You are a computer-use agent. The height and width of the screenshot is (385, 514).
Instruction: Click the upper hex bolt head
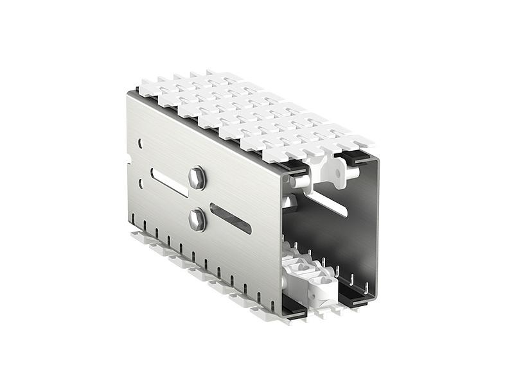pyautogui.click(x=197, y=178)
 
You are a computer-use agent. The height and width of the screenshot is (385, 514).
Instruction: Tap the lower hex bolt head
pyautogui.click(x=197, y=219)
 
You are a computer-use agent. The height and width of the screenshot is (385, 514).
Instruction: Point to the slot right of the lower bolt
pyautogui.click(x=230, y=218)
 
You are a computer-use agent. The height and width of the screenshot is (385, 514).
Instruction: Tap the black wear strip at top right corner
pyautogui.click(x=355, y=156)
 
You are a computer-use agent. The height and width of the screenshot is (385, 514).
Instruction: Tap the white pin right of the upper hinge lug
pyautogui.click(x=351, y=172)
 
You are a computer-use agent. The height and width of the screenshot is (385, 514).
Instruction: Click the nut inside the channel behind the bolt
pyautogui.click(x=288, y=202)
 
